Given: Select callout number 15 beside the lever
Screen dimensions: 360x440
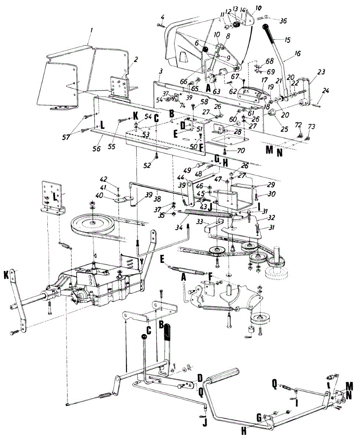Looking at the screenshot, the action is pyautogui.click(x=288, y=40).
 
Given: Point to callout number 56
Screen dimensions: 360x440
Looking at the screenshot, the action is pyautogui.click(x=97, y=148).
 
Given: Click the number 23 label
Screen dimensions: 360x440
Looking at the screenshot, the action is pyautogui.click(x=321, y=72).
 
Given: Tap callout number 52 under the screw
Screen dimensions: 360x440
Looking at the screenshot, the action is pyautogui.click(x=147, y=165).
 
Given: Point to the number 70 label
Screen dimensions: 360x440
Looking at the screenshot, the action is pyautogui.click(x=241, y=150).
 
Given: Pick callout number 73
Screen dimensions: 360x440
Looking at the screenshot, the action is pyautogui.click(x=312, y=126).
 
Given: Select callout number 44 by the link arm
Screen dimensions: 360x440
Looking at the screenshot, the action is pyautogui.click(x=180, y=177).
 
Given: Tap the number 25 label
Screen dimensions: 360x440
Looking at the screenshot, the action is pyautogui.click(x=284, y=129).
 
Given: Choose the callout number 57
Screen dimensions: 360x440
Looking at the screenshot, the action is pyautogui.click(x=66, y=137).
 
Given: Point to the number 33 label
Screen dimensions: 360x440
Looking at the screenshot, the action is pyautogui.click(x=200, y=221).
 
